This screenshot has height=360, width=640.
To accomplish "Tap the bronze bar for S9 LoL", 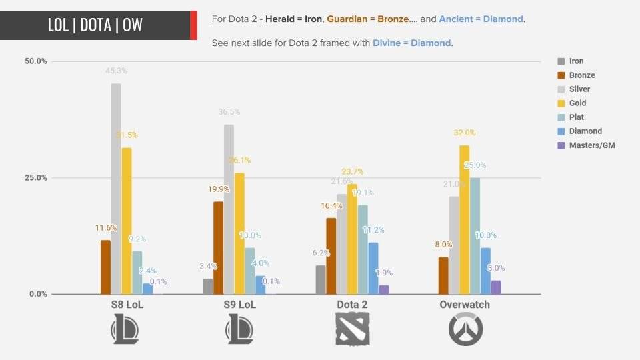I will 218,247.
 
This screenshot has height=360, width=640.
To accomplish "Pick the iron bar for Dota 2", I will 321,280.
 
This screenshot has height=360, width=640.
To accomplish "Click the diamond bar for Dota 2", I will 373,268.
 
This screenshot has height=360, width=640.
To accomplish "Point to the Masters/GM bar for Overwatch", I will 496,287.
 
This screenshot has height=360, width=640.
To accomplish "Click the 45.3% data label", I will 116,71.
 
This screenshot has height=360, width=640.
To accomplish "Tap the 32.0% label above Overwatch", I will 465,133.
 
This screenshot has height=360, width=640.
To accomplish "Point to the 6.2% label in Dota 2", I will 321,253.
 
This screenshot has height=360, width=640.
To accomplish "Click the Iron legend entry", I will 576,61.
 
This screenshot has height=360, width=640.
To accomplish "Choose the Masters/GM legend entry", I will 591,145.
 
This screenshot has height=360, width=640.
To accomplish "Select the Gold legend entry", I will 577,103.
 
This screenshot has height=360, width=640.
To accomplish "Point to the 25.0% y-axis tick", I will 35,178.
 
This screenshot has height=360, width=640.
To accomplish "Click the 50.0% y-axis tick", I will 35,61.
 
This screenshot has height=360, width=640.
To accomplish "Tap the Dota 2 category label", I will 352,305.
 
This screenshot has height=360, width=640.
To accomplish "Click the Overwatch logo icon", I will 465,329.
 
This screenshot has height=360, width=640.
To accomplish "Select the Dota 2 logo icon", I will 352,329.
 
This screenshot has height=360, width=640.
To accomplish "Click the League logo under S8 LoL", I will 127,329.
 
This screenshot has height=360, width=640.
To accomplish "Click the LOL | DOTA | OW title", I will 95,25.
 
